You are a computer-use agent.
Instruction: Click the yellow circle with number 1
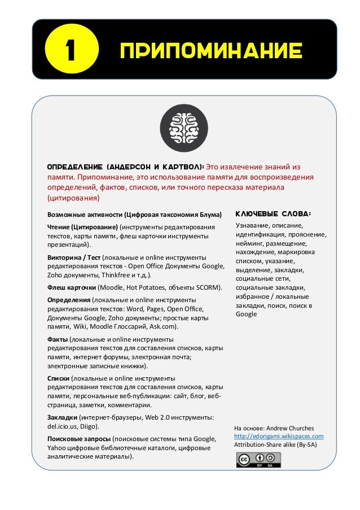click(x=71, y=53)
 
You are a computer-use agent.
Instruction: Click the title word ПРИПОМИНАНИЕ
click(x=210, y=53)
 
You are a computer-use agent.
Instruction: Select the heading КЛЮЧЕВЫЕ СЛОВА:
click(x=273, y=214)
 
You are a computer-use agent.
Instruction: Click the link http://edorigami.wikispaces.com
click(x=278, y=436)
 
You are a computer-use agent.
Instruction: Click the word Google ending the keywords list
click(x=247, y=314)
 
